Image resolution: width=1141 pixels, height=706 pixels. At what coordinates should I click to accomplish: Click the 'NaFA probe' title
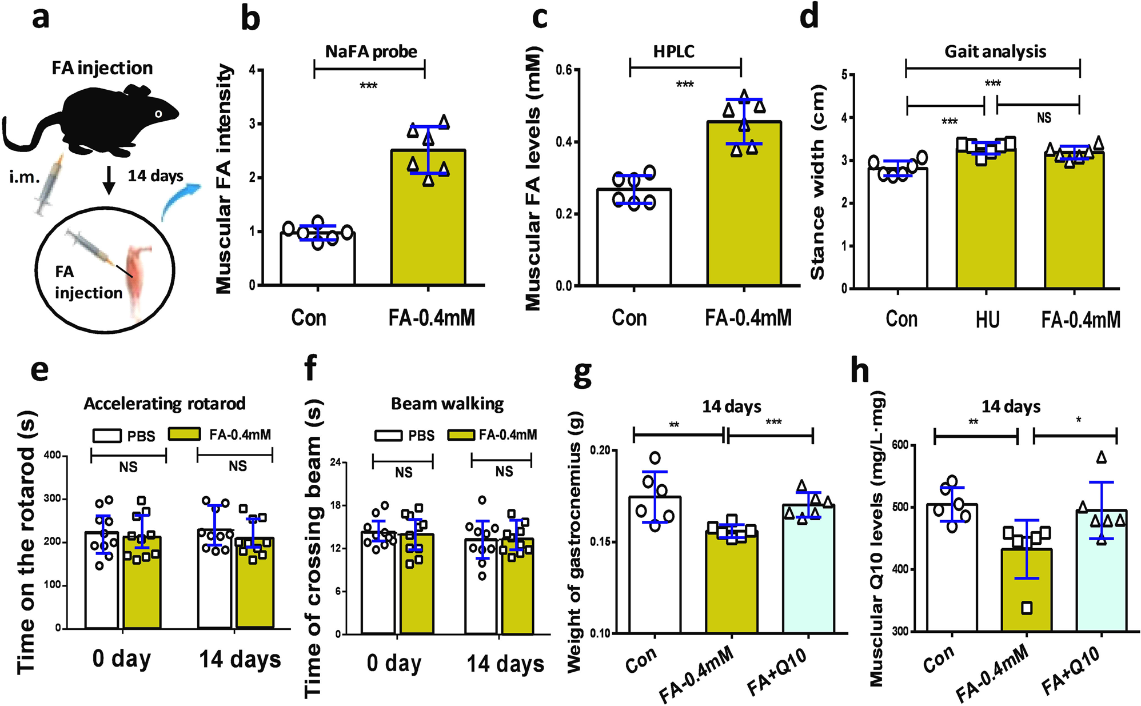click(371, 51)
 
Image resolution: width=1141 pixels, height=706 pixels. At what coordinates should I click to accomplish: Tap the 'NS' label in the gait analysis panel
click(1043, 118)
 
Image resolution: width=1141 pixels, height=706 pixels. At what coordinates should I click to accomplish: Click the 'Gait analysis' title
click(995, 51)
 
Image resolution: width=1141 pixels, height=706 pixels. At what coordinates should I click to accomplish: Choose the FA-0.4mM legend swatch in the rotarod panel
click(184, 434)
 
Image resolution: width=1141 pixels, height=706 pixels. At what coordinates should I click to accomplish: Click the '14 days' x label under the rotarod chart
click(240, 659)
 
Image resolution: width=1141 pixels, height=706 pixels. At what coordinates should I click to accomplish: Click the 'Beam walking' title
click(447, 404)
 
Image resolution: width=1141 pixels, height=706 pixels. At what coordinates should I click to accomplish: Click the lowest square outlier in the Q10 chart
click(1027, 608)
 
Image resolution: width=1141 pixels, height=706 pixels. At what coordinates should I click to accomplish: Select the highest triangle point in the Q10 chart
click(1101, 457)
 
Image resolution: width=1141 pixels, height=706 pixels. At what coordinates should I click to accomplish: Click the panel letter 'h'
click(860, 371)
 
